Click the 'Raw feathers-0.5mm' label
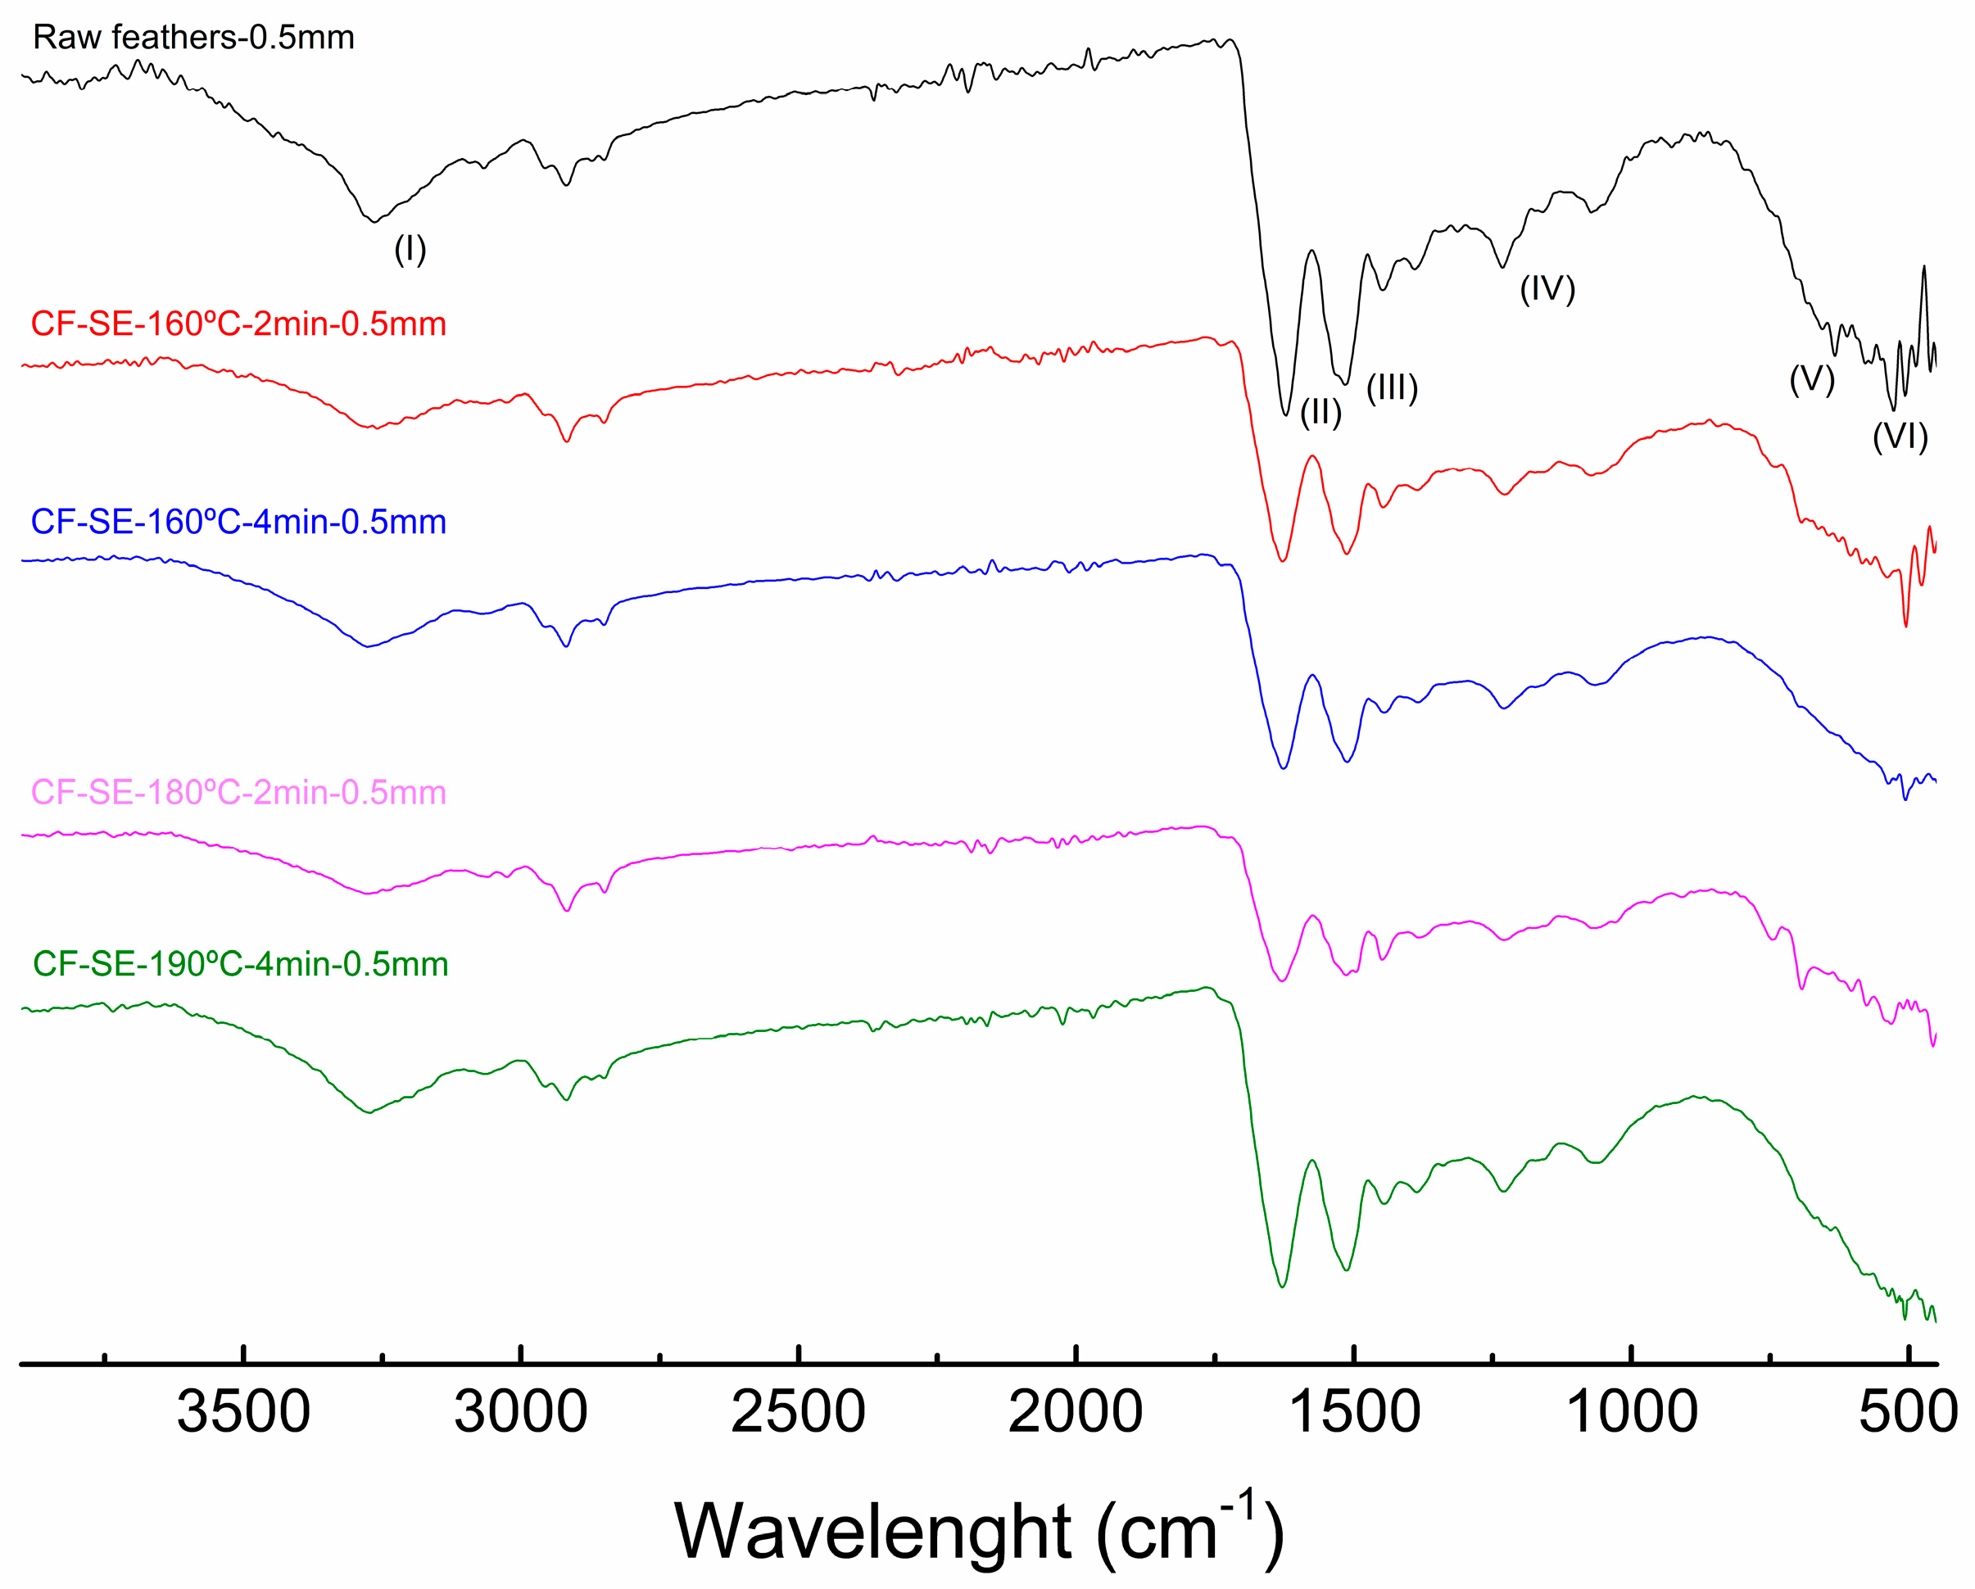[193, 38]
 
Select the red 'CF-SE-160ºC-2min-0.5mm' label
[238, 324]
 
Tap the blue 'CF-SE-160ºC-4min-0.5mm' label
[238, 522]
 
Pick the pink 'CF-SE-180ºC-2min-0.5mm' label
[238, 792]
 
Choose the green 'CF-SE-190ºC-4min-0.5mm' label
[240, 964]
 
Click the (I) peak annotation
[410, 249]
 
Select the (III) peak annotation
[1393, 388]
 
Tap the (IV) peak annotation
[1547, 289]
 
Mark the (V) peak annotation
[1812, 379]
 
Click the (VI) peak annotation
[1900, 437]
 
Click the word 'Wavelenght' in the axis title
[872, 1532]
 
